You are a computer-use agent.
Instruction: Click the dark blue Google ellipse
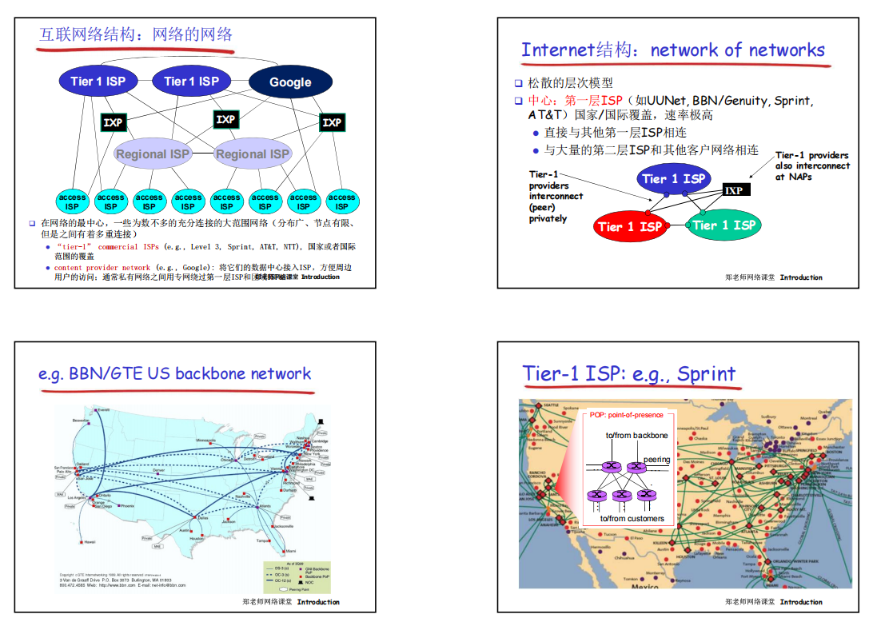290,82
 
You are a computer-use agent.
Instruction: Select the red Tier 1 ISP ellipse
629,226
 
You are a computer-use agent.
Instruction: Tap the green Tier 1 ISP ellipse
724,225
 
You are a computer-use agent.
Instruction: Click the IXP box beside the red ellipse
734,190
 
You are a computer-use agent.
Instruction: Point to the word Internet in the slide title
558,50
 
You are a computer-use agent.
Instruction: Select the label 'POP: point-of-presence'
626,415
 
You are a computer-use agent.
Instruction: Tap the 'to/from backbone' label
636,435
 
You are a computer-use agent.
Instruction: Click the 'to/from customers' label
632,518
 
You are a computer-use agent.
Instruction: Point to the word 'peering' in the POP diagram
657,460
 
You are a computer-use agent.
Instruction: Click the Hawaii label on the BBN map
90,541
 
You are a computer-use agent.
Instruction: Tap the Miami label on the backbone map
290,551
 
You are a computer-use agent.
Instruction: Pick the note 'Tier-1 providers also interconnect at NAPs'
811,165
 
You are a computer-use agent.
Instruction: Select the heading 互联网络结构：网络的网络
136,34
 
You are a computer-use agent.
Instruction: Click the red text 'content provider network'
102,268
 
